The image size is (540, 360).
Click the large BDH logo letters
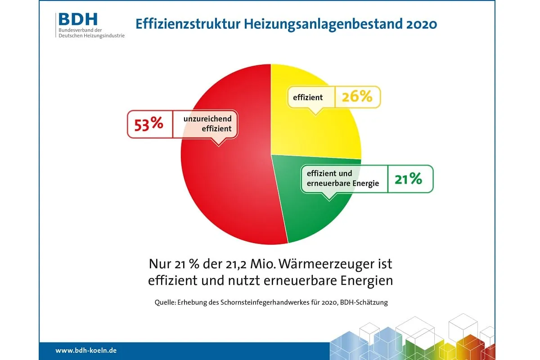77,19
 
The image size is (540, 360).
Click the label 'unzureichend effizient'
207,124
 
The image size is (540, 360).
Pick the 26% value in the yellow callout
357,97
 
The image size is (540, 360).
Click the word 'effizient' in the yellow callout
308,97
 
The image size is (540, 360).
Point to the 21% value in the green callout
409,179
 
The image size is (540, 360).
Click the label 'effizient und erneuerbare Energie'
342,179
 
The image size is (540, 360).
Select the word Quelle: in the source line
165,303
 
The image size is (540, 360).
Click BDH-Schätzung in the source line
363,303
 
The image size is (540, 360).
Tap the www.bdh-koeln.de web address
86,350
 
